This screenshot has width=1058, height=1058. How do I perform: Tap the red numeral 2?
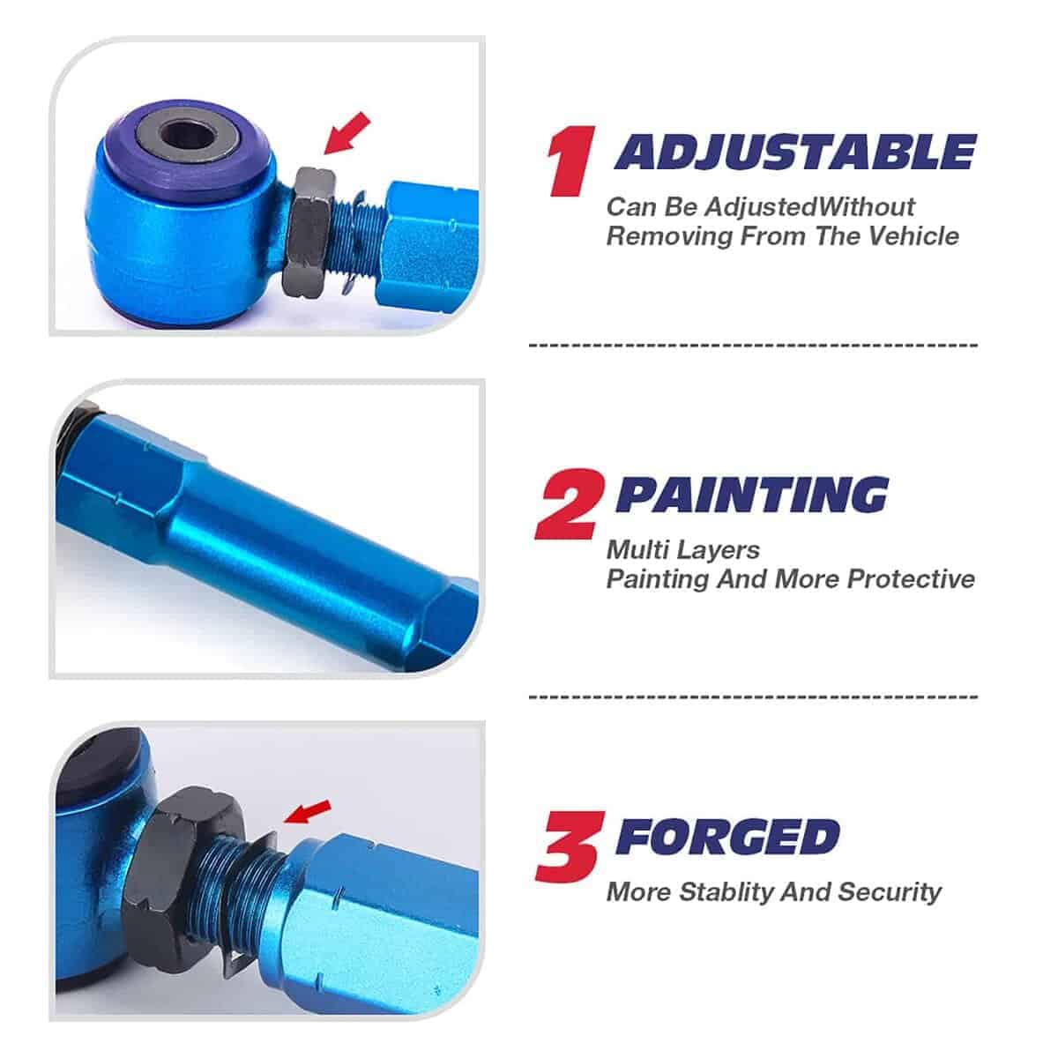pos(570,504)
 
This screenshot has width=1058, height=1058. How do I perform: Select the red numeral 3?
pos(570,846)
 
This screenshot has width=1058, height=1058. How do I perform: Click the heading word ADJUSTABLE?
pos(795,152)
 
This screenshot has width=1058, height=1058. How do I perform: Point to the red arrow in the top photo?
pos(347,133)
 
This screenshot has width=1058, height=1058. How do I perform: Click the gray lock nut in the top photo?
pos(309,233)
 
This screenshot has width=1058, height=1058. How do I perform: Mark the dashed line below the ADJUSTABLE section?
pos(753,346)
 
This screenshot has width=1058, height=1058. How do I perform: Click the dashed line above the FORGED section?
pos(753,697)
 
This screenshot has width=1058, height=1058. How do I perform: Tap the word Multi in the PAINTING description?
pos(634,549)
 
